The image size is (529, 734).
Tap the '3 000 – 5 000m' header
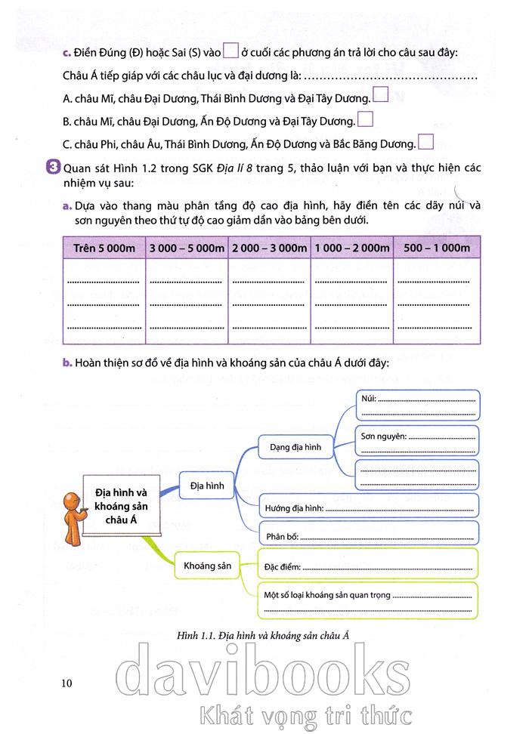pyautogui.click(x=187, y=248)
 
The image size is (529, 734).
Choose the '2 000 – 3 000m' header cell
pyautogui.click(x=270, y=248)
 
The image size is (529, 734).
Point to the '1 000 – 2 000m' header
pyautogui.click(x=352, y=248)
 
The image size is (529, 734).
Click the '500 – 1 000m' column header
pyautogui.click(x=437, y=248)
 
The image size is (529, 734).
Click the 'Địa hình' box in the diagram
pyautogui.click(x=206, y=484)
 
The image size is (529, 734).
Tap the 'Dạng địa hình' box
pyautogui.click(x=295, y=447)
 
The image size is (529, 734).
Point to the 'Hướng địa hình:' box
pyautogui.click(x=368, y=507)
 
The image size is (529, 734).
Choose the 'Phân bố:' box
pyautogui.click(x=368, y=535)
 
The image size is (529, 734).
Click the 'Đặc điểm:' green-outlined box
pyautogui.click(x=368, y=564)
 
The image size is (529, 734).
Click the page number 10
pyautogui.click(x=67, y=683)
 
